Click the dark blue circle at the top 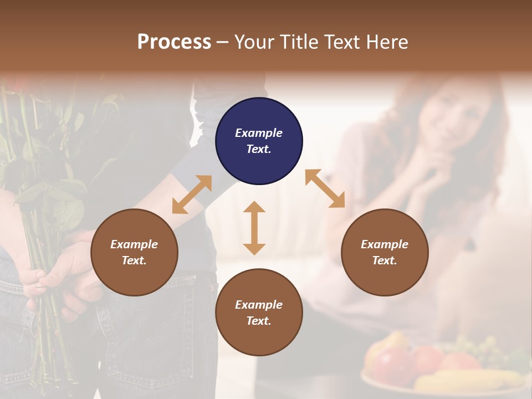click(x=259, y=141)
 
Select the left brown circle click(x=134, y=252)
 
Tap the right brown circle click(x=385, y=252)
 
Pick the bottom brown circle click(x=259, y=313)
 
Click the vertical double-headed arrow click(x=254, y=228)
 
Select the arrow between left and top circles click(x=192, y=195)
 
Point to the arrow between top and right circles click(x=325, y=188)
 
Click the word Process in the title click(x=174, y=42)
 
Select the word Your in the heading click(x=256, y=42)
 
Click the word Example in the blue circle click(x=259, y=133)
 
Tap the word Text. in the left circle click(x=134, y=260)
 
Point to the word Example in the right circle click(x=385, y=244)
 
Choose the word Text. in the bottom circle click(x=259, y=321)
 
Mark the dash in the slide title click(x=223, y=43)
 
